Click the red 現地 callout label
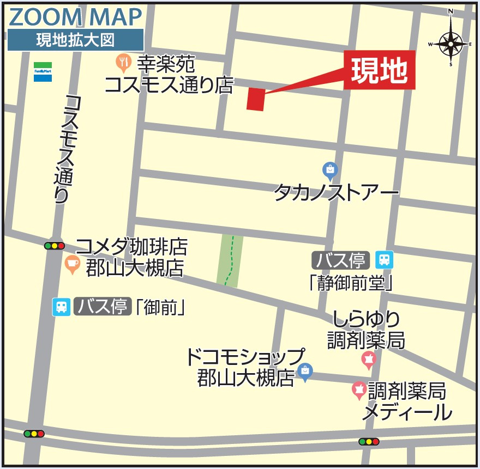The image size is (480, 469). point(379,70)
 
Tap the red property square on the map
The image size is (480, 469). point(255,99)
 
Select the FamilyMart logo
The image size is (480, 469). point(43,71)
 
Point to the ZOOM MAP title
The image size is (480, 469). point(75,17)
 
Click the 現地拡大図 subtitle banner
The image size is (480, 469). point(75,40)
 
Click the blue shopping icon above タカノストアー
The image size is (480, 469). point(330,171)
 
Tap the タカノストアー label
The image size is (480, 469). point(336,192)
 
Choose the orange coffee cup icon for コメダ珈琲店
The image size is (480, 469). point(72,264)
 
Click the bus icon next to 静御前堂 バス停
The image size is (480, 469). point(385,260)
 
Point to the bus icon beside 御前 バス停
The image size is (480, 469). point(61,307)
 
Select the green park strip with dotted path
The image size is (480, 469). point(230,260)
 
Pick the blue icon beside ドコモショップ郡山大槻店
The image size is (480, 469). point(305,371)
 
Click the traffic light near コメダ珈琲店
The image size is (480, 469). point(55,246)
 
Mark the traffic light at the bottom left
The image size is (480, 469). point(34,434)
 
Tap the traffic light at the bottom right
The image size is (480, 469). point(369,441)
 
